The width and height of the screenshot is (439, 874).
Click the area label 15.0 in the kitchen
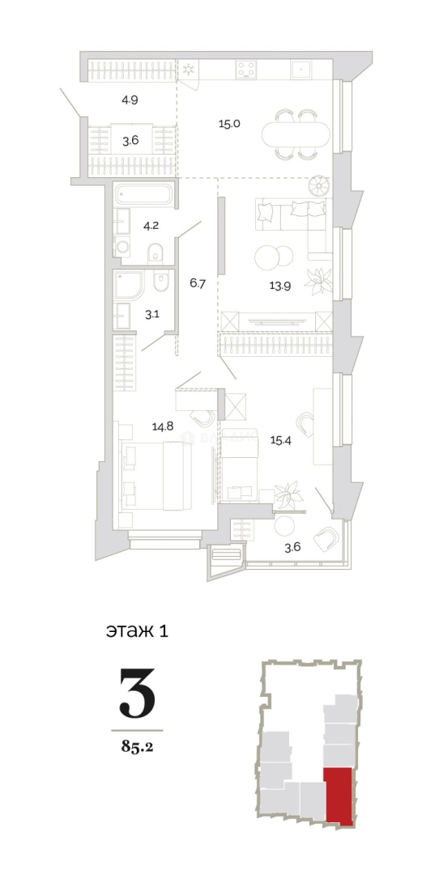(x=230, y=124)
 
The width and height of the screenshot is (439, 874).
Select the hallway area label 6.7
(x=199, y=282)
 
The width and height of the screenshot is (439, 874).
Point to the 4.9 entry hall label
(x=130, y=101)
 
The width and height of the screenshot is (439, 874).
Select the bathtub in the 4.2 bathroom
(x=144, y=195)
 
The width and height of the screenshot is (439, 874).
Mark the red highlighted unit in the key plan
(x=339, y=796)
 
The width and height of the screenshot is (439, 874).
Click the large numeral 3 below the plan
(x=137, y=694)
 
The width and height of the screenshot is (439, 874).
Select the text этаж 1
(x=137, y=630)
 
